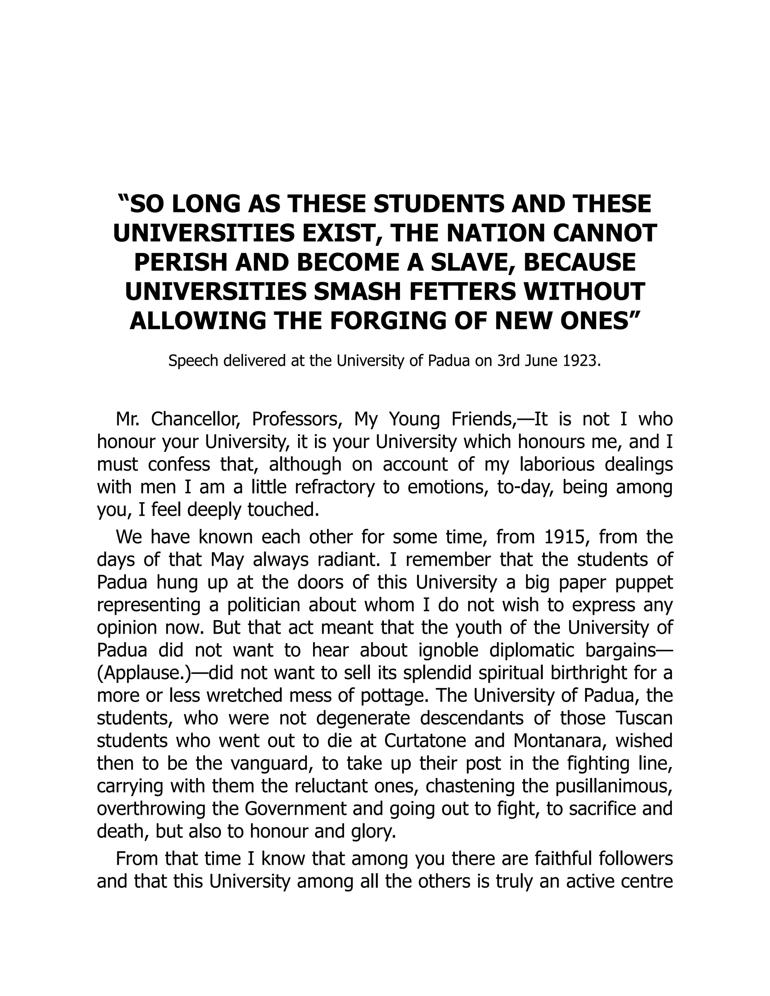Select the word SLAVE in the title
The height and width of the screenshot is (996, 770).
coord(471,263)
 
